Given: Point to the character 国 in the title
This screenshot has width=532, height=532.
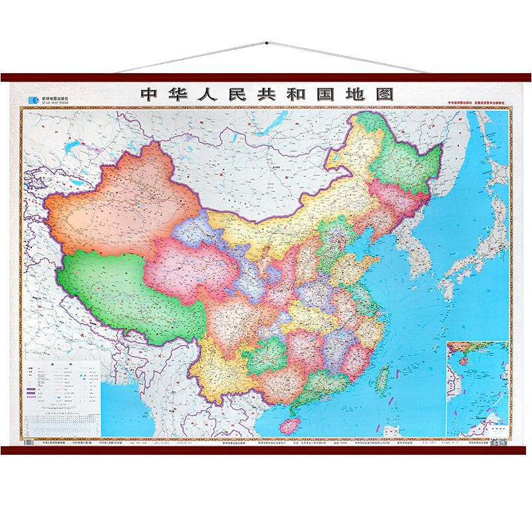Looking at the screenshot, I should coord(329,94).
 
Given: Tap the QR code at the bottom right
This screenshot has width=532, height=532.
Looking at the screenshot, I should coord(497,442).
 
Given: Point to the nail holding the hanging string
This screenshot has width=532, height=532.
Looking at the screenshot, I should coord(266,43).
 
